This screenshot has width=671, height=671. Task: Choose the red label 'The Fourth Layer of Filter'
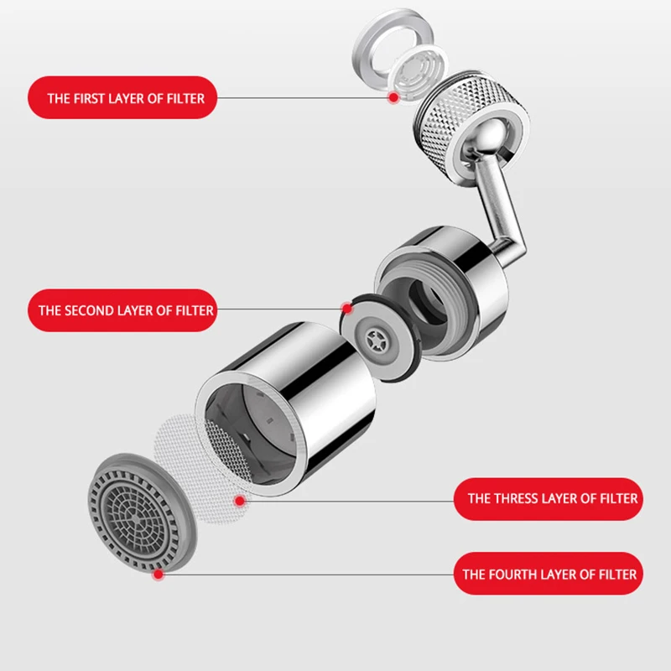[549, 575]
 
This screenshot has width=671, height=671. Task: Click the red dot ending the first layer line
[393, 98]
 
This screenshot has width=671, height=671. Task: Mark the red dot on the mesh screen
[241, 501]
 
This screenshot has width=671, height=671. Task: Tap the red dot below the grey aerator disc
[158, 575]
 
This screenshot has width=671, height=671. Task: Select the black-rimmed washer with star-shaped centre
[382, 335]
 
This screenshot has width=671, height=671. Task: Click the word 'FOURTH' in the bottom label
[515, 575]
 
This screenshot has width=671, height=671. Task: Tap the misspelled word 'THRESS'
[515, 499]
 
